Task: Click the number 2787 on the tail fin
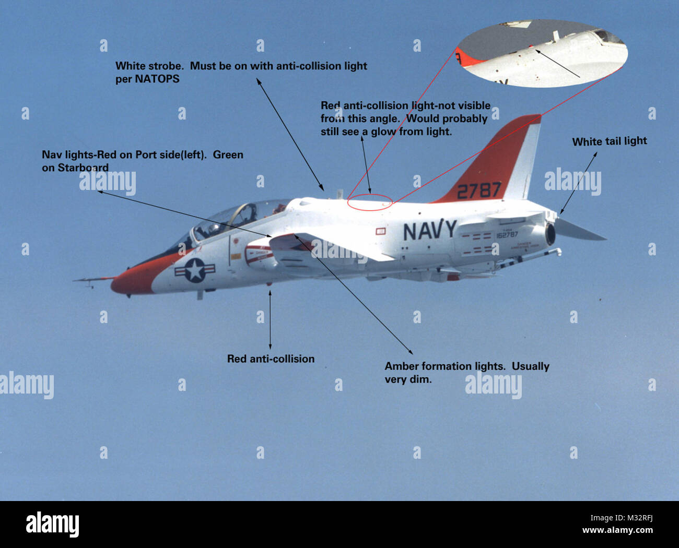(478, 190)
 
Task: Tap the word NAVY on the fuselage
(429, 230)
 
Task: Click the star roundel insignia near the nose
(195, 270)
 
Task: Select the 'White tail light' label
(609, 141)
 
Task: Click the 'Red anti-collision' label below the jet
(271, 359)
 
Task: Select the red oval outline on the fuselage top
(369, 202)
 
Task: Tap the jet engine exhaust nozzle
(549, 234)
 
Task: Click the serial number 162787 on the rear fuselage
(507, 235)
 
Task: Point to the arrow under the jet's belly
(270, 318)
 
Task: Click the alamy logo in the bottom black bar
(52, 523)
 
